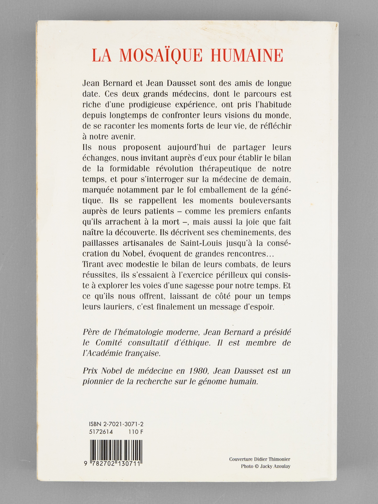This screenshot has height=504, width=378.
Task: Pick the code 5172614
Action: pos(101,432)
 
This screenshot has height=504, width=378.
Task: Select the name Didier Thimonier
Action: pos(273,459)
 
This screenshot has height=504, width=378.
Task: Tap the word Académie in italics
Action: pos(114,353)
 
